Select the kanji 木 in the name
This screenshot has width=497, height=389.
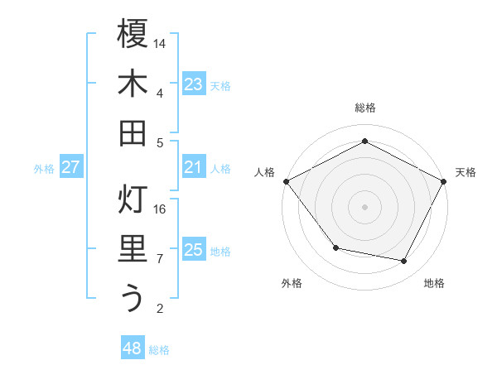click(133, 84)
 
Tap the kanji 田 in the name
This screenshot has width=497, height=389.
click(133, 132)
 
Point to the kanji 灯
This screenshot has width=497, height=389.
click(133, 199)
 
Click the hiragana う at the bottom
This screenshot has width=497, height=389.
click(133, 298)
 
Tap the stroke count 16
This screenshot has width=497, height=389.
click(161, 209)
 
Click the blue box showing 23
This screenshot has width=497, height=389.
click(194, 84)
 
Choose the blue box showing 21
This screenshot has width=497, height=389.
click(194, 168)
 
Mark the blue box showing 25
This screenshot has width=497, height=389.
click(194, 251)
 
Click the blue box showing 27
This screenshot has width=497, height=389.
click(70, 168)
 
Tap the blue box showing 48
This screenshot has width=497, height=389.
click(133, 348)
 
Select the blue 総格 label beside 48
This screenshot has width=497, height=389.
click(159, 350)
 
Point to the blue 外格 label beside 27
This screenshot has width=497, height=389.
click(44, 169)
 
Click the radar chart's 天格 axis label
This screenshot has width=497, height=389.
click(466, 172)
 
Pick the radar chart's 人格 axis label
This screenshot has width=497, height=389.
click(264, 172)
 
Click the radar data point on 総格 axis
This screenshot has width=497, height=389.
click(364, 141)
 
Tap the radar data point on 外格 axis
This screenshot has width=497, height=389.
click(335, 247)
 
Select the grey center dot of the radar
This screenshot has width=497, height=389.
click(364, 206)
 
